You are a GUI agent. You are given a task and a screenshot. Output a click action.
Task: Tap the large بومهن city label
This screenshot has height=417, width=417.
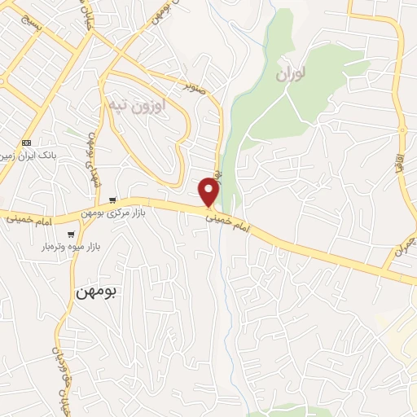(x=96, y=291)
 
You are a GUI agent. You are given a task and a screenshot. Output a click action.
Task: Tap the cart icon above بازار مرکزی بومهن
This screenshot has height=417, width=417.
(x=112, y=200)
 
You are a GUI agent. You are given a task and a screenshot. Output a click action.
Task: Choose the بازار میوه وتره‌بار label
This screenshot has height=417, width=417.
(x=75, y=245)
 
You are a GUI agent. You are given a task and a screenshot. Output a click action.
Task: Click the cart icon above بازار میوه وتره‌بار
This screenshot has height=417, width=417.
(x=72, y=234)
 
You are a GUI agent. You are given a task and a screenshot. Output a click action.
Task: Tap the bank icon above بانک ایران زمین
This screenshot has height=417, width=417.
(x=26, y=141)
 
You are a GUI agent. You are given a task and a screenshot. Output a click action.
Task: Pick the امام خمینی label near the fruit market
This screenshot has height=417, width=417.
(x=33, y=221)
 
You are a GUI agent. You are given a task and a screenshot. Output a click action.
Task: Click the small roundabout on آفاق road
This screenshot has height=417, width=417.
(x=402, y=130)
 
